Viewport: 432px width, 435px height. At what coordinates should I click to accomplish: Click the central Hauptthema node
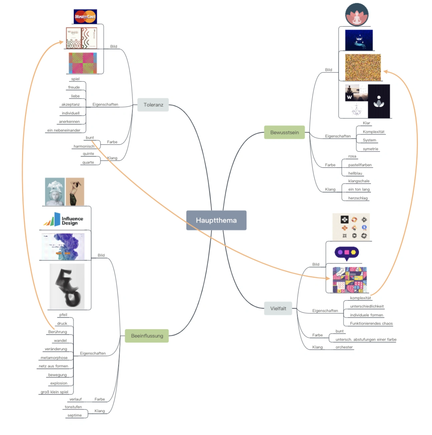pyautogui.click(x=216, y=220)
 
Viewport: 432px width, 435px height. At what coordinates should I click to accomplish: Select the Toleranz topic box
pyautogui.click(x=153, y=105)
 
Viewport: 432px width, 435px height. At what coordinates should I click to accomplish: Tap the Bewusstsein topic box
pyautogui.click(x=284, y=132)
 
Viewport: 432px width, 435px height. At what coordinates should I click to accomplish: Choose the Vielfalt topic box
pyautogui.click(x=278, y=308)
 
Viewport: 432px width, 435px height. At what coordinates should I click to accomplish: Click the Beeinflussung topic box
pyautogui.click(x=147, y=336)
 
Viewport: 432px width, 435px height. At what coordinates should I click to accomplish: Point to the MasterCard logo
pyautogui.click(x=85, y=16)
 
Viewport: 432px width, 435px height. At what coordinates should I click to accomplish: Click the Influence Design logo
pyautogui.click(x=64, y=220)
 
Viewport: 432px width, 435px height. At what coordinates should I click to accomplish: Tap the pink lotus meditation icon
pyautogui.click(x=357, y=15)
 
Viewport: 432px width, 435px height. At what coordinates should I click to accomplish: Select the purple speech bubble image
pyautogui.click(x=347, y=253)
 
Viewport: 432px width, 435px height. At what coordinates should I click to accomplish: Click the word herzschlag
pyautogui.click(x=358, y=198)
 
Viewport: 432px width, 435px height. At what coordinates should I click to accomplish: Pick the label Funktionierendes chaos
pyautogui.click(x=371, y=323)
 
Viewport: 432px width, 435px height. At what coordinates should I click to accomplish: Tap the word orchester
pyautogui.click(x=344, y=347)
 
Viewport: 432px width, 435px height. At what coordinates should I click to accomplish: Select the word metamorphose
pyautogui.click(x=54, y=358)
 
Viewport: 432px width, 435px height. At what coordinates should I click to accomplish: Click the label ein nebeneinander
pyautogui.click(x=64, y=130)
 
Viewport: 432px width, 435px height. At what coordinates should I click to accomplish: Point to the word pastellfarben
pyautogui.click(x=360, y=165)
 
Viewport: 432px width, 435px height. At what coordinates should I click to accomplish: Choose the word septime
pyautogui.click(x=74, y=415)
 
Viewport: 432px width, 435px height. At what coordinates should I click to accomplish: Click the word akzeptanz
pyautogui.click(x=70, y=105)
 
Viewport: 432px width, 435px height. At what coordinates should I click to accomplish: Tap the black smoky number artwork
pyautogui.click(x=67, y=287)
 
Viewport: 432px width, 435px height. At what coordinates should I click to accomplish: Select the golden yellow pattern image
pyautogui.click(x=363, y=67)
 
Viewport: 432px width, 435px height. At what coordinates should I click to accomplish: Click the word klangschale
pyautogui.click(x=359, y=181)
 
